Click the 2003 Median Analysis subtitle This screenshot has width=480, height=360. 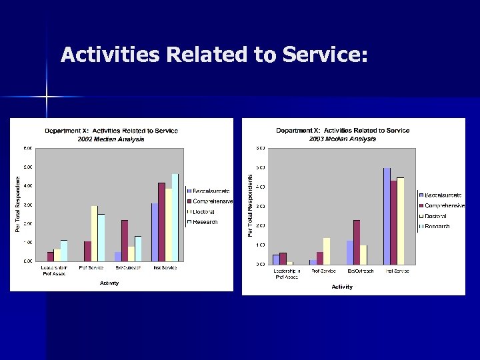click(343, 139)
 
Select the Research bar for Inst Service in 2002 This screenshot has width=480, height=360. click(175, 217)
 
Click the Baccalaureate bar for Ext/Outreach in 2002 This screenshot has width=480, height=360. click(118, 256)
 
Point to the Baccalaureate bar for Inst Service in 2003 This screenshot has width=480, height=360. click(387, 216)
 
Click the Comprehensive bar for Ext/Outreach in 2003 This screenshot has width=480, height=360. click(357, 241)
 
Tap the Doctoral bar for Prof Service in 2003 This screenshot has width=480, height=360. click(327, 251)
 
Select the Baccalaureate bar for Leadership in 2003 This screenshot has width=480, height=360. click(276, 259)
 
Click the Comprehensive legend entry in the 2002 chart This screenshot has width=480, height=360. click(212, 201)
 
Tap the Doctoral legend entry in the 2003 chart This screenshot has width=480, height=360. click(437, 216)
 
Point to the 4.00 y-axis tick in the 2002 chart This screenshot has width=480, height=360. click(28, 185)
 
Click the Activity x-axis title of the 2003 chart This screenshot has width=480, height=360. click(342, 287)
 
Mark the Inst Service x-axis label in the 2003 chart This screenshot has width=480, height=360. click(396, 271)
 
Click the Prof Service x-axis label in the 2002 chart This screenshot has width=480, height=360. click(91, 268)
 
